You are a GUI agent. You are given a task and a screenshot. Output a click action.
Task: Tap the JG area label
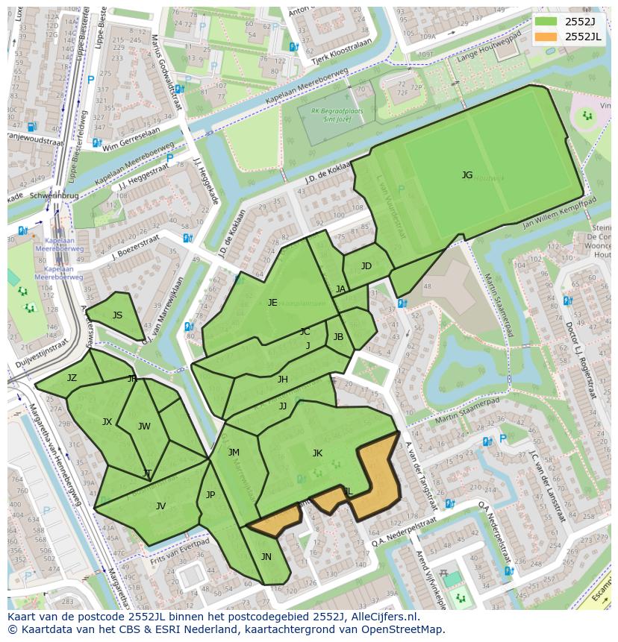tap(467, 175)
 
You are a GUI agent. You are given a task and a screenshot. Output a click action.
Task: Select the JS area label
tap(117, 315)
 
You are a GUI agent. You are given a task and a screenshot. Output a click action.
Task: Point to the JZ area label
tap(72, 378)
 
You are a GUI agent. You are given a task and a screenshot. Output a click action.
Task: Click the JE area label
tap(272, 302)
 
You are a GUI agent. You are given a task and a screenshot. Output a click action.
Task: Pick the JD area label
tap(366, 266)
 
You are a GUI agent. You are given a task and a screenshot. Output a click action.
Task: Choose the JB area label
tap(338, 336)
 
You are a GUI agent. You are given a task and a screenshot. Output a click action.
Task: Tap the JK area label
tap(317, 453)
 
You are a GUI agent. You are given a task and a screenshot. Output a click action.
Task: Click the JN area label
tap(266, 556)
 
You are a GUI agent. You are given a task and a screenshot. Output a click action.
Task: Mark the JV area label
tap(160, 506)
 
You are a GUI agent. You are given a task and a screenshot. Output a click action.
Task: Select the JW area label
tap(144, 427)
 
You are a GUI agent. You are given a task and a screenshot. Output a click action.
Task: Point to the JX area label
tap(107, 422)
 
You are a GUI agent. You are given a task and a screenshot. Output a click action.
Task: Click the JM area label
tap(234, 452)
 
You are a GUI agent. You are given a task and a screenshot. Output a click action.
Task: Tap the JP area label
tap(210, 494)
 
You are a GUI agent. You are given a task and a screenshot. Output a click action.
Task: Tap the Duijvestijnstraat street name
tap(37, 352)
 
